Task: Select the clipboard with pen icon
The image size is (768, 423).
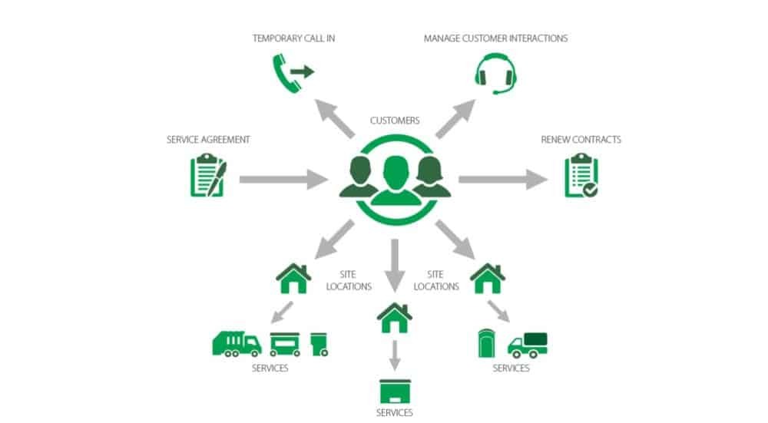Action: [x=207, y=176]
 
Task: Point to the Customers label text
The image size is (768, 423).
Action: [x=395, y=121]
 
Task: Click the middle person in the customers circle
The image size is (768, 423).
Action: [x=396, y=181]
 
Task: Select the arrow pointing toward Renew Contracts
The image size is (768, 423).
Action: [x=503, y=180]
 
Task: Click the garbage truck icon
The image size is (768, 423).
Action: [x=237, y=342]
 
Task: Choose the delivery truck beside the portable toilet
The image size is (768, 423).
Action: [x=528, y=345]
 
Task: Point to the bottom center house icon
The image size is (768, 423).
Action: [x=395, y=316]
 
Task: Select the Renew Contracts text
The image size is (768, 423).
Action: [x=581, y=140]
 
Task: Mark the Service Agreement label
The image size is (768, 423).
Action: [x=208, y=140]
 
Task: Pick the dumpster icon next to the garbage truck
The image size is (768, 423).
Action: [x=284, y=344]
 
